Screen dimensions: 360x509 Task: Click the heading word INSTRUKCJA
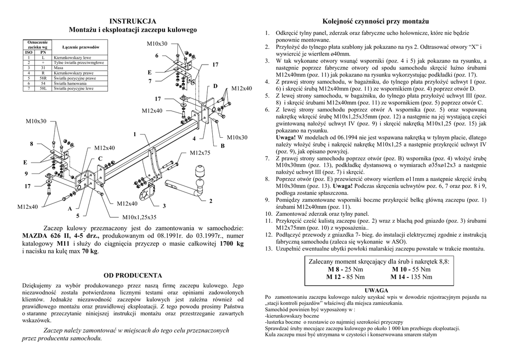(133, 21)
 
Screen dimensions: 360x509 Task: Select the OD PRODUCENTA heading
(133, 275)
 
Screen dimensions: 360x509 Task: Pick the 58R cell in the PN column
(43, 78)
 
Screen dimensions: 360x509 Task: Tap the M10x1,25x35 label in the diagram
(140, 217)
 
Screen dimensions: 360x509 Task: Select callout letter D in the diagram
(216, 87)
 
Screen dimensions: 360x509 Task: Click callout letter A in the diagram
(70, 208)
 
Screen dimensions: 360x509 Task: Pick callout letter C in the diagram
(100, 159)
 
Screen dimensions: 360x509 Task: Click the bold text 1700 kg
(232, 244)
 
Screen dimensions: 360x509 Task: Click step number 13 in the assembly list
(268, 248)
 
